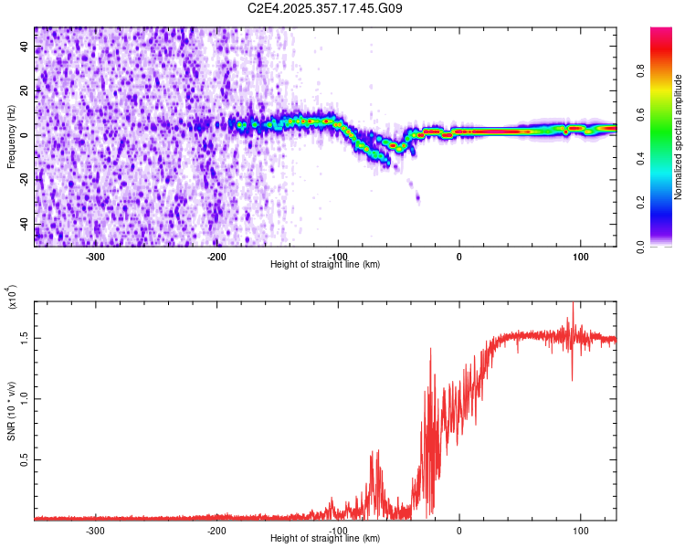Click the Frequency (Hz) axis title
11,137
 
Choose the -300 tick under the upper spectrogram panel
96,256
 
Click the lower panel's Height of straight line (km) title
325,538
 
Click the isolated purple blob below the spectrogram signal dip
417,196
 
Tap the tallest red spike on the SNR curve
573,305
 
